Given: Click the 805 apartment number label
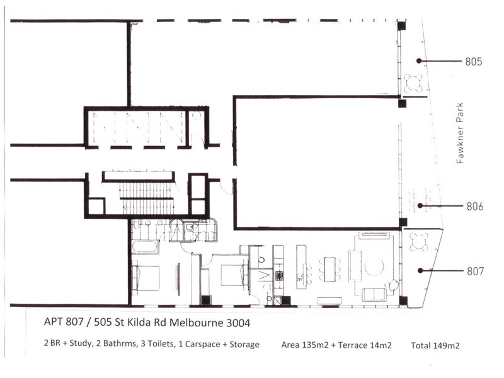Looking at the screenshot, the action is point(474,61).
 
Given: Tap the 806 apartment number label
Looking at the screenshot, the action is point(475,207).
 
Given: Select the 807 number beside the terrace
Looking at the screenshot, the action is point(475,272).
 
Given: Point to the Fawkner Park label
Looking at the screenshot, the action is point(461,133).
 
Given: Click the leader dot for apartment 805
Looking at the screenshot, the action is point(419,60).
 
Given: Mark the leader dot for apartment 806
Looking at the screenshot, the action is point(420,205).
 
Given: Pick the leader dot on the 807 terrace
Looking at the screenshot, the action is point(420,271).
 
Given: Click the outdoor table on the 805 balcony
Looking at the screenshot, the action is point(413,83).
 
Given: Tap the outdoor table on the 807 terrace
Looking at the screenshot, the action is point(419,242).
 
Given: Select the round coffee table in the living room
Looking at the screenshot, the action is point(374,266).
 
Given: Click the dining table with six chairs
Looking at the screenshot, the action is point(329,270).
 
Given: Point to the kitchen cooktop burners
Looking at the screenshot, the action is point(279,275).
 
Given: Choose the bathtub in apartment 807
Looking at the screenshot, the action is point(145,247).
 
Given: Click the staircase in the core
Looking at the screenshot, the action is point(147,197).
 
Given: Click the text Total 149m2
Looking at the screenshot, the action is point(435,345).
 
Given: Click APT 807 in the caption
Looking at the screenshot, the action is point(64,322).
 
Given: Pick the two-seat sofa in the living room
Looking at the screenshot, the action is point(374,295).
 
